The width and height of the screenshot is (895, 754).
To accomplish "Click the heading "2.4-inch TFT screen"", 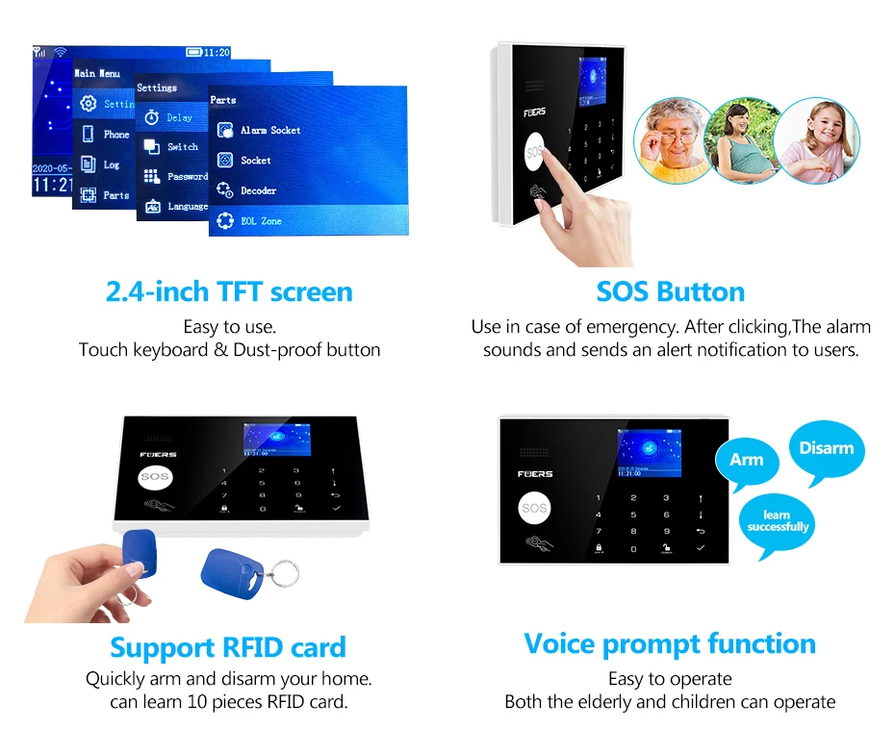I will [229, 292].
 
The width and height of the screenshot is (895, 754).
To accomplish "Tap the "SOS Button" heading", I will [670, 292].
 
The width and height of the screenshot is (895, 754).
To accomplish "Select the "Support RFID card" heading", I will [228, 647].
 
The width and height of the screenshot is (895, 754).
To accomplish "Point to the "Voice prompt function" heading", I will [670, 643].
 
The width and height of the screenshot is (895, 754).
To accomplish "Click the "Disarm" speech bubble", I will [826, 448].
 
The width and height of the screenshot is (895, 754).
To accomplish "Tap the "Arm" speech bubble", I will [746, 461].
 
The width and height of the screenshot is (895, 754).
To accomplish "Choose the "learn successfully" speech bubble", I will [778, 522].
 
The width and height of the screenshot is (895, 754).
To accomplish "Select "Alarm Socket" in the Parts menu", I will [269, 130].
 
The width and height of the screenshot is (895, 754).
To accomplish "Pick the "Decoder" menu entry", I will [258, 190].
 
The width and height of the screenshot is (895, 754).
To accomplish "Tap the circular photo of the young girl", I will [815, 139].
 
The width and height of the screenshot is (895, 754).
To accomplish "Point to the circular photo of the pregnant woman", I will [743, 139].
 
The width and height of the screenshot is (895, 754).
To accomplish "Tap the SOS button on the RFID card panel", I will [155, 477].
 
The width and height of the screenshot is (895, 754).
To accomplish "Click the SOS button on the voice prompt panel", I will [535, 508].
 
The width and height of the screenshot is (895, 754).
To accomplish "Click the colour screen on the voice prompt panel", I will [649, 453].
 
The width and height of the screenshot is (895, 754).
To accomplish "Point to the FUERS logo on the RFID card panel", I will [158, 454].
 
